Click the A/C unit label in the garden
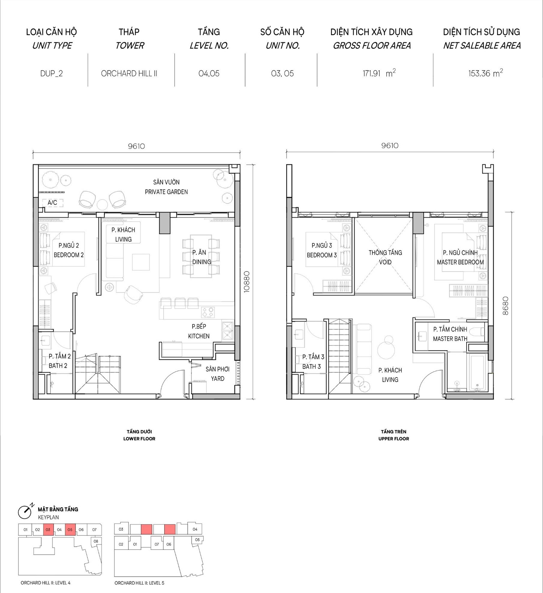(x=52, y=203)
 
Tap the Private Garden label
(x=166, y=187)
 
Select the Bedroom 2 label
(x=69, y=250)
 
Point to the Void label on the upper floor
(x=385, y=257)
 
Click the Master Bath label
(x=450, y=334)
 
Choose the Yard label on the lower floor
(x=218, y=374)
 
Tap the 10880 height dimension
(x=247, y=282)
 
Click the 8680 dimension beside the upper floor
(x=505, y=306)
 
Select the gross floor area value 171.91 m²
(x=379, y=73)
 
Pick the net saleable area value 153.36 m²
(x=485, y=73)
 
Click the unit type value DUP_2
(x=51, y=74)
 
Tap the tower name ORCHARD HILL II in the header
(x=129, y=74)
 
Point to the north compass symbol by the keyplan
(x=25, y=511)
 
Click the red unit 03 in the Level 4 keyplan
(x=48, y=530)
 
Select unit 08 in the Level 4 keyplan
(x=96, y=541)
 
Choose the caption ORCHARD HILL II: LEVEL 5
(x=139, y=583)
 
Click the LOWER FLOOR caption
(x=139, y=439)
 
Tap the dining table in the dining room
(x=201, y=256)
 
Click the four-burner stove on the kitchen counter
(x=208, y=312)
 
